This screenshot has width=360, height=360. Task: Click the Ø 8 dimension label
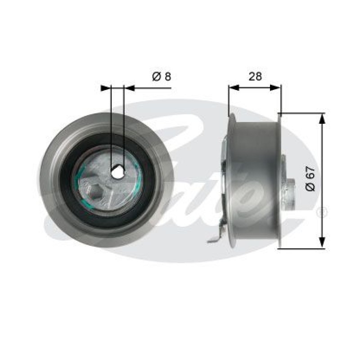162,76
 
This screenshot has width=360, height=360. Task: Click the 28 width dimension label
255,76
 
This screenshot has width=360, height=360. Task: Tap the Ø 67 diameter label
310,179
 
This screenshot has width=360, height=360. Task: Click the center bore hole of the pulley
117,172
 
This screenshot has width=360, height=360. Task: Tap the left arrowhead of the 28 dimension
234,87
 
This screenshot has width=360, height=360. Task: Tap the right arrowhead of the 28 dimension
275,87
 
